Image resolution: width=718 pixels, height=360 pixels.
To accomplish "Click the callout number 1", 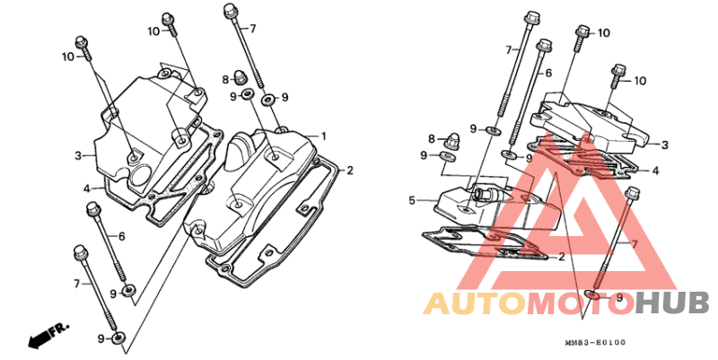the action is (x=324, y=136).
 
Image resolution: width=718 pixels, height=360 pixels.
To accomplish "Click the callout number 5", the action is (x=412, y=200).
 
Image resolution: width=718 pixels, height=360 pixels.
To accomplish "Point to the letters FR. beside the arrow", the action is (x=60, y=329).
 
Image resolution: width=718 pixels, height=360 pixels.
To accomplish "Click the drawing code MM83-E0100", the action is (x=595, y=343).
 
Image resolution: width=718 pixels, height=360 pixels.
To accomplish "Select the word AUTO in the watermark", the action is (x=474, y=303).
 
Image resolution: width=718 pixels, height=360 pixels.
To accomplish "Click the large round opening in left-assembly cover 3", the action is (x=141, y=177).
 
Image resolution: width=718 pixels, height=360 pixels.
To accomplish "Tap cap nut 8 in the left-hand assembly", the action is (x=239, y=77).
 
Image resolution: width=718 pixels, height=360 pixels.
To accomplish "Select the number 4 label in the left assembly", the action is (x=85, y=188).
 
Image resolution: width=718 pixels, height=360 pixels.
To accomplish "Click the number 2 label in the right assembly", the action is (x=562, y=257).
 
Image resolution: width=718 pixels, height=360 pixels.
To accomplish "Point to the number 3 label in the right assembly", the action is (x=665, y=145).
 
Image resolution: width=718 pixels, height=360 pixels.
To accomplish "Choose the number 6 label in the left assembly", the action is (x=121, y=236).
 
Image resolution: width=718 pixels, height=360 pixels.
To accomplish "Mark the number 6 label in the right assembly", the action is (x=548, y=73).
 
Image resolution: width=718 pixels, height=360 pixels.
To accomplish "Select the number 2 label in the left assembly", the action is (x=350, y=171).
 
